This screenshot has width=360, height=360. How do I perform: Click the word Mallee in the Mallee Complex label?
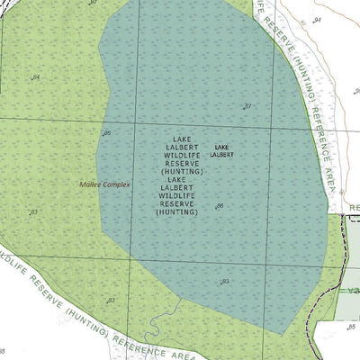(90, 184)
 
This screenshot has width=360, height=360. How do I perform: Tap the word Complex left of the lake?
(116, 184)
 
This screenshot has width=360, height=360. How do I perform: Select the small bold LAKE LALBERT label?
(222, 151)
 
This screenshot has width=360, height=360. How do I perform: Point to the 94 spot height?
(317, 20)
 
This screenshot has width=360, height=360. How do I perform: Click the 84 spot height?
(36, 77)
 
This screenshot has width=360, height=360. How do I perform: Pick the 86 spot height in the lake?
(220, 206)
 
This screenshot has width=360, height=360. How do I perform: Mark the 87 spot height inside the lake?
(247, 106)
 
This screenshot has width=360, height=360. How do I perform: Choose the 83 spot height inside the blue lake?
(225, 282)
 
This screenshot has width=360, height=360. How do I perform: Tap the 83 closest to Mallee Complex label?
(34, 212)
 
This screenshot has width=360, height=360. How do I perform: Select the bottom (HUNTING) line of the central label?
(177, 212)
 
